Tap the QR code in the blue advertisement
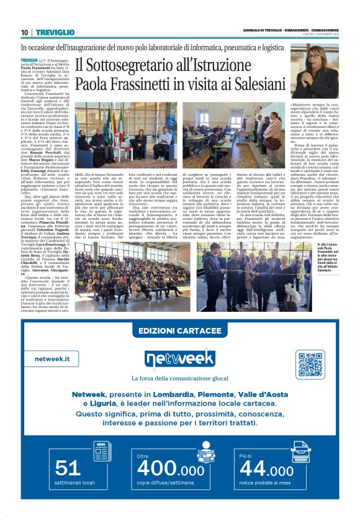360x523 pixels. pos(310,365)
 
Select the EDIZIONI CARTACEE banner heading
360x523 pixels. pos(179,331)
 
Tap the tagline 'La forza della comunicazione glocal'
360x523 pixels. pos(179,377)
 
